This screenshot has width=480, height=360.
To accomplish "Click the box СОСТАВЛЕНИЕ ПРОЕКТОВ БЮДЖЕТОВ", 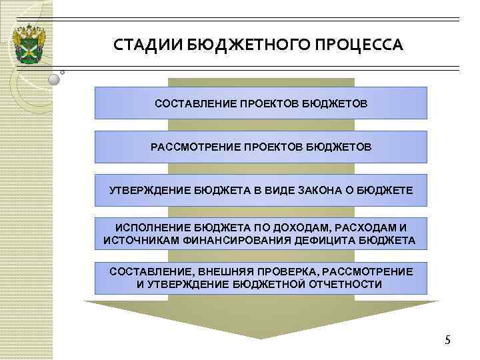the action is click(x=261, y=104).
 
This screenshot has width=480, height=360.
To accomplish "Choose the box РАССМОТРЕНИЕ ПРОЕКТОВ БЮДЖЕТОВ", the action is click(x=261, y=146).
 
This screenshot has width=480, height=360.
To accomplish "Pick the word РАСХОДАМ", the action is click(x=363, y=227).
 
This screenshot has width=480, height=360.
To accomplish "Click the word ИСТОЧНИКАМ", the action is click(x=142, y=240).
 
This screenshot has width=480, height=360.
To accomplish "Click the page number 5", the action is click(x=447, y=341).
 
